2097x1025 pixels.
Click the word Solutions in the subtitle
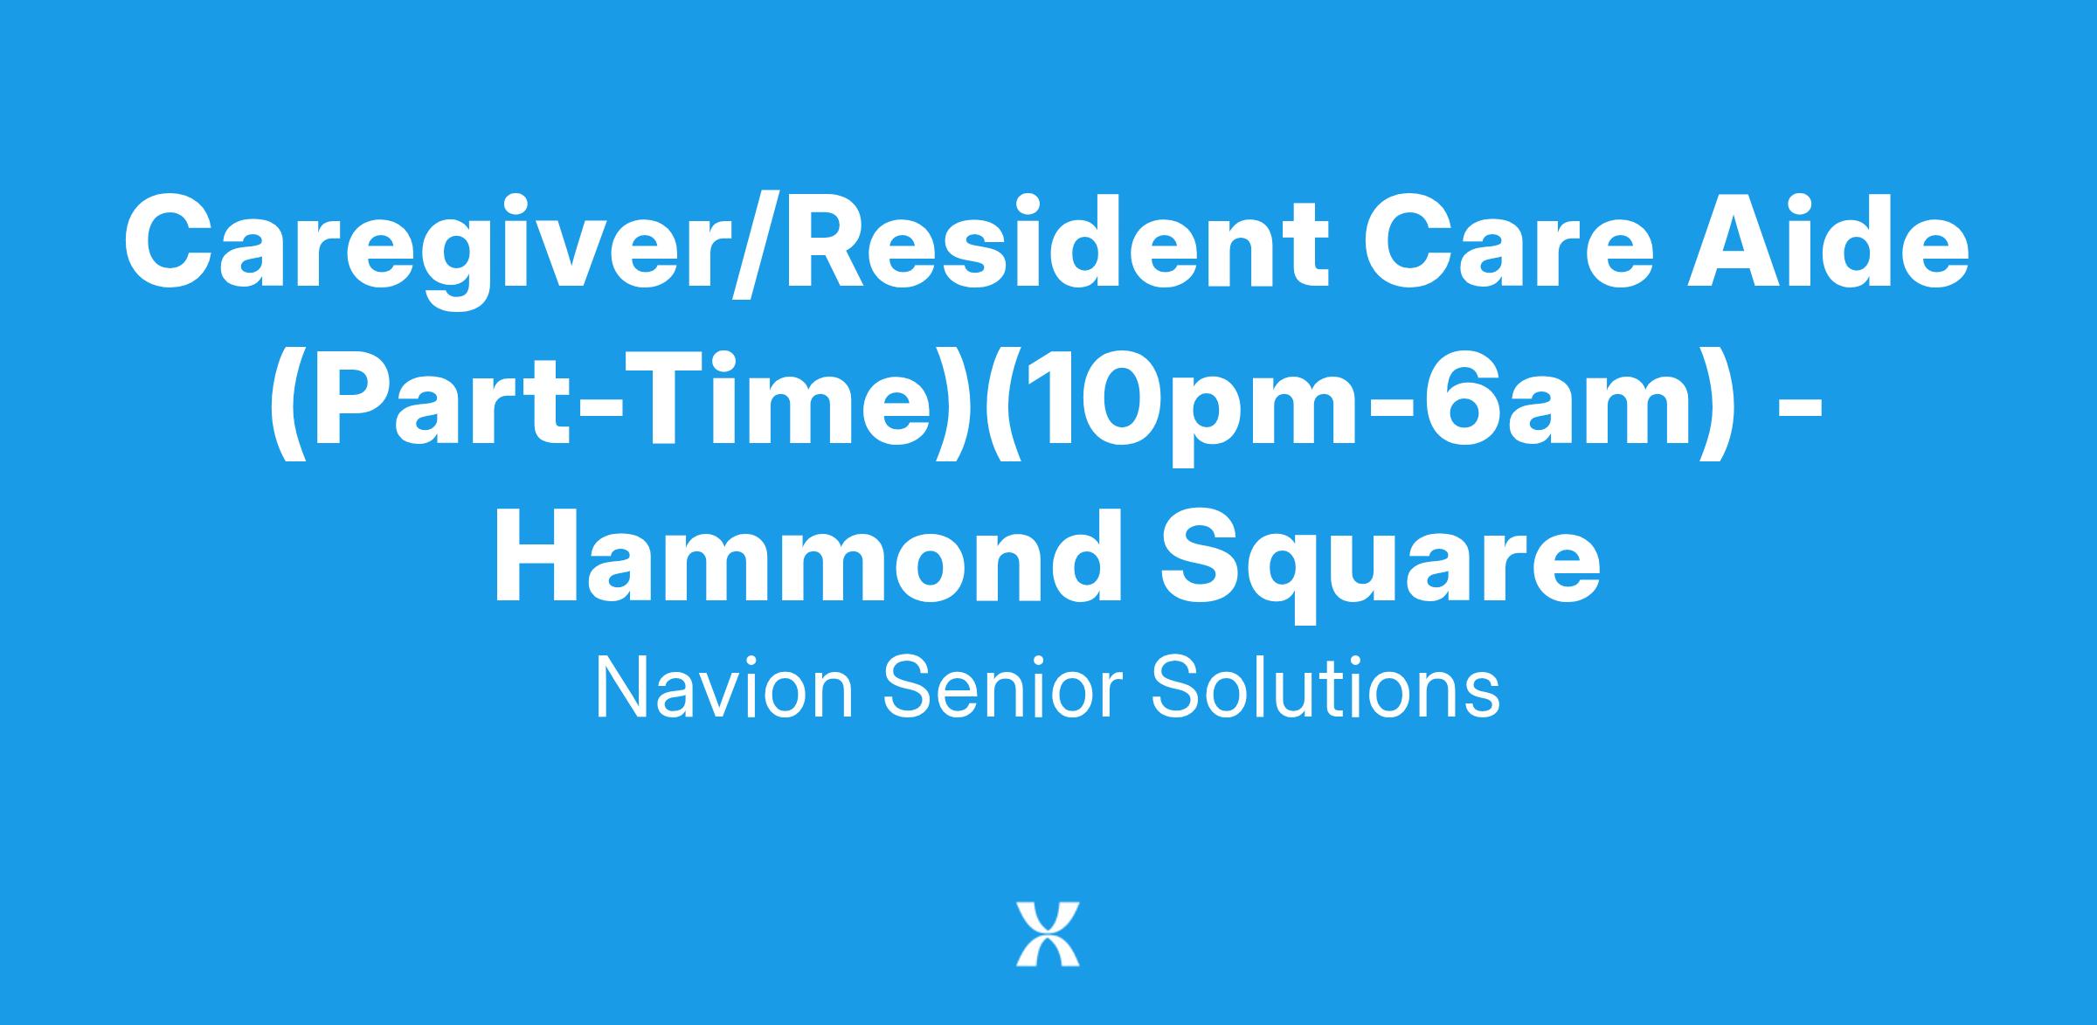[x=1325, y=689]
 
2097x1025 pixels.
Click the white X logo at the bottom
[x=1048, y=934]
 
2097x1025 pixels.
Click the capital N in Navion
[x=621, y=689]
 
